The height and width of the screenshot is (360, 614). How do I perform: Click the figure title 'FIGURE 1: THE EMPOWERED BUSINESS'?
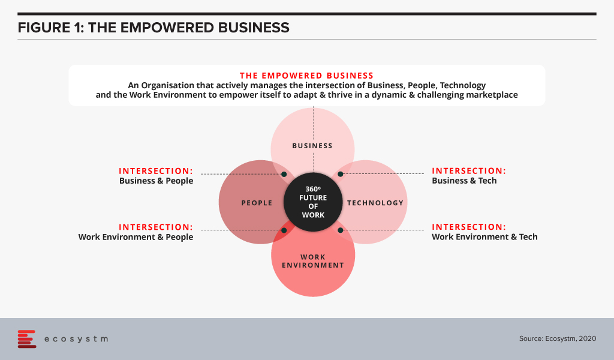point(153,28)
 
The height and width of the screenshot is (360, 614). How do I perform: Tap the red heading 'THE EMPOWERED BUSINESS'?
point(306,76)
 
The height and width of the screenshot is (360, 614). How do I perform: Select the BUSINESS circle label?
point(312,146)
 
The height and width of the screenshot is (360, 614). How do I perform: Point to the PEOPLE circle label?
point(257,203)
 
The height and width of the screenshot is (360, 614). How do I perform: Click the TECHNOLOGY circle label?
point(375,203)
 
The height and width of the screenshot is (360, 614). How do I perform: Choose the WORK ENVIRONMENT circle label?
point(313,261)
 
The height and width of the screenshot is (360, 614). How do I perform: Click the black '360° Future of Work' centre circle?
point(313,202)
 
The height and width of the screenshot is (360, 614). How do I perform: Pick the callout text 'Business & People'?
point(156,181)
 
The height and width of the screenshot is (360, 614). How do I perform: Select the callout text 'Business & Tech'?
point(464,181)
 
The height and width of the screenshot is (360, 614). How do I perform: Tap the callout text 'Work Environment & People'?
point(136,237)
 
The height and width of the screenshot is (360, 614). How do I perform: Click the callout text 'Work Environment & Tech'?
point(484,237)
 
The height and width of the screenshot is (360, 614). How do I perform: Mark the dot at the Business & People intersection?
point(284,174)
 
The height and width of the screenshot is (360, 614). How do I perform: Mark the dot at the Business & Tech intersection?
point(341,174)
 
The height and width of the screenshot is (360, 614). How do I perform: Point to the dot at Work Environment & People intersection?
point(284,230)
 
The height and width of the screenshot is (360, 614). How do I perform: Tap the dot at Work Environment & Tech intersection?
point(341,230)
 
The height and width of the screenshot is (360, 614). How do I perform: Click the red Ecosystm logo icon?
point(26,339)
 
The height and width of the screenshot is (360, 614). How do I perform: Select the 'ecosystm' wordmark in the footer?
point(76,339)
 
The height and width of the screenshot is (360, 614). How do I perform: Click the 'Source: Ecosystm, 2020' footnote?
point(558,338)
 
